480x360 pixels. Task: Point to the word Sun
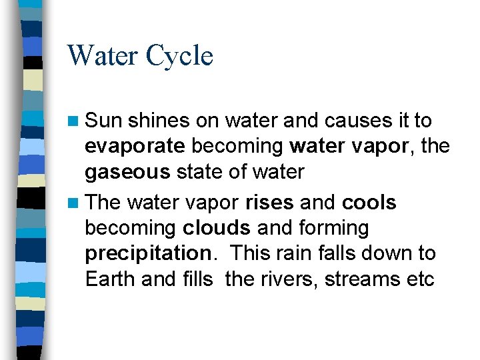tap(103, 121)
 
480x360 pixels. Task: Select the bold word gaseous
tap(127, 172)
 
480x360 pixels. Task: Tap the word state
tap(196, 171)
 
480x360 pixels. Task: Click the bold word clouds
tap(217, 228)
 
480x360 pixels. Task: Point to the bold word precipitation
tap(147, 254)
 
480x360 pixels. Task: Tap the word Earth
tap(110, 279)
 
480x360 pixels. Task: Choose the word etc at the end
tap(419, 279)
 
